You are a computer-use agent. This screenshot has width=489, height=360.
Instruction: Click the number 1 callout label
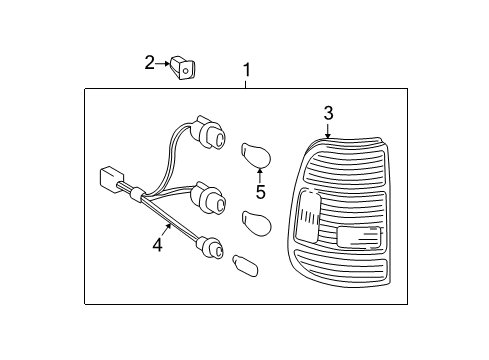[247, 70]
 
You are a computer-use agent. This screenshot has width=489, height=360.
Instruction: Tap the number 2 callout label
[150, 64]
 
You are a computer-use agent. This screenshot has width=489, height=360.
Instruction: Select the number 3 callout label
[328, 113]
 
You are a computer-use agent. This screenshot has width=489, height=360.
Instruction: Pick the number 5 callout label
[260, 192]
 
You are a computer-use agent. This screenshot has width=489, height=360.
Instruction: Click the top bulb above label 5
[256, 155]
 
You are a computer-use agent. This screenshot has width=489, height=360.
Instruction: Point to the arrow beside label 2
[165, 64]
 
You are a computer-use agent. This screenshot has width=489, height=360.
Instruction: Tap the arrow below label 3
[328, 129]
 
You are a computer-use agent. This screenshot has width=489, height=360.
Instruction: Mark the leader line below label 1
[247, 83]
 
